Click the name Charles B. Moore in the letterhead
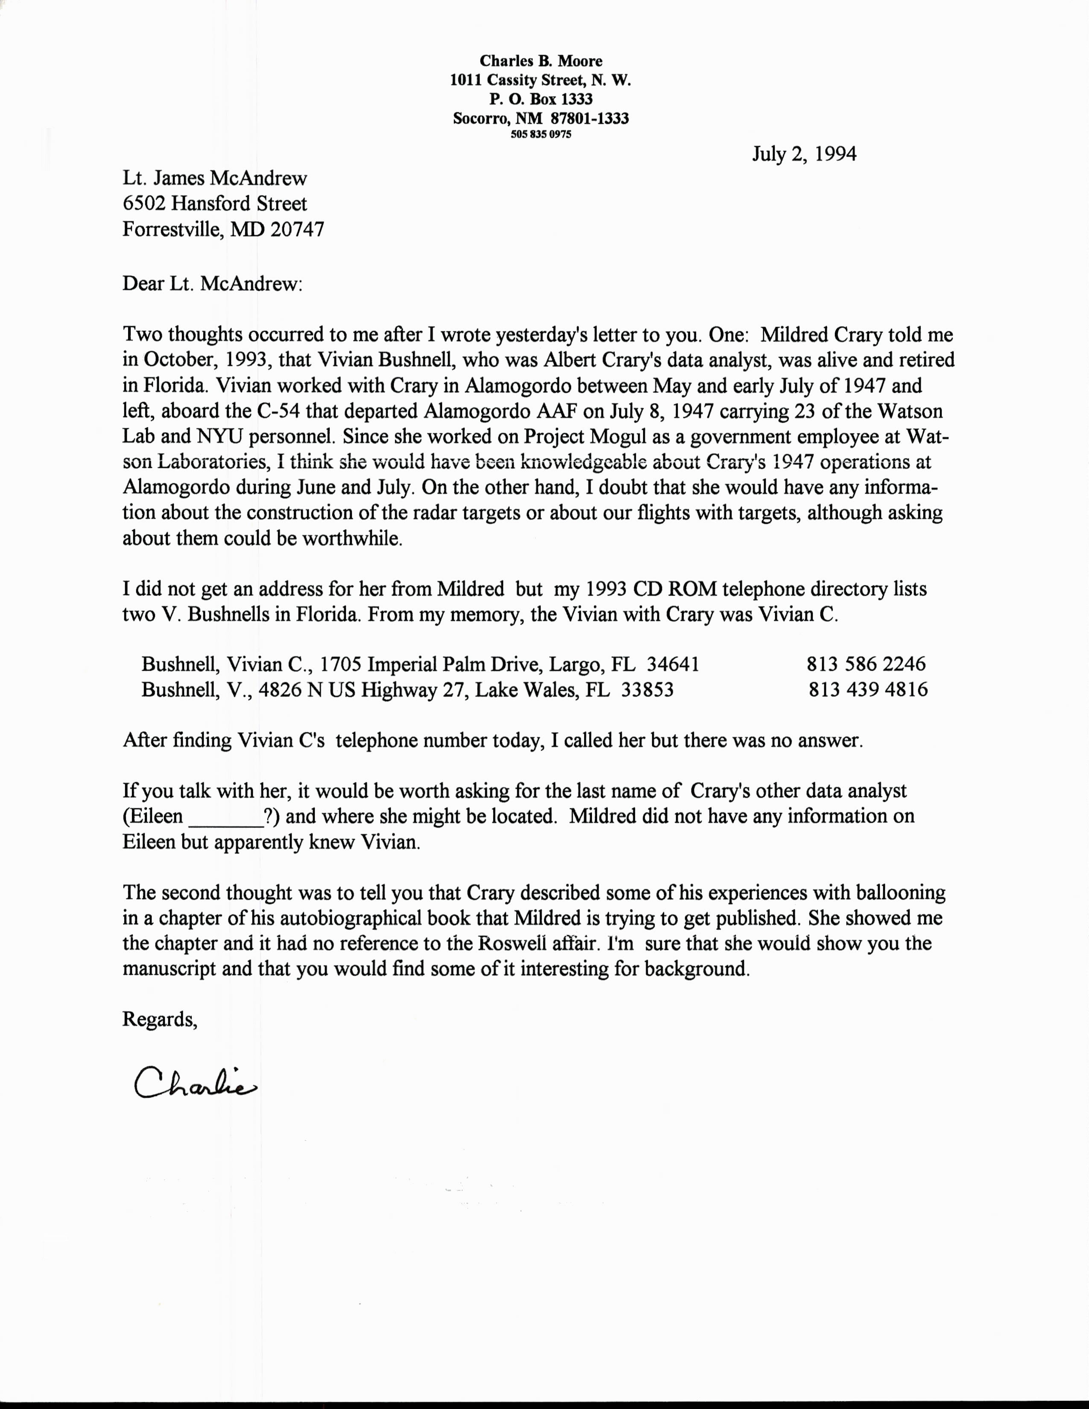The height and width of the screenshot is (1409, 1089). pyautogui.click(x=541, y=61)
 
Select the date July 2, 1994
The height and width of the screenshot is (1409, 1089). pyautogui.click(x=804, y=154)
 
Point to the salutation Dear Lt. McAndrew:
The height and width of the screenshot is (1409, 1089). pyautogui.click(x=212, y=284)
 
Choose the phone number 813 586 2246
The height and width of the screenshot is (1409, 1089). pyautogui.click(x=866, y=664)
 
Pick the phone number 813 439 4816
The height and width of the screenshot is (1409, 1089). pyautogui.click(x=868, y=690)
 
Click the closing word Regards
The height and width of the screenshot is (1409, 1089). pyautogui.click(x=159, y=1019)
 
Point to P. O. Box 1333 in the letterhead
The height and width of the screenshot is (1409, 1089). pyautogui.click(x=541, y=99)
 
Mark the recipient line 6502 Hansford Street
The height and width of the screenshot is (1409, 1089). pyautogui.click(x=215, y=204)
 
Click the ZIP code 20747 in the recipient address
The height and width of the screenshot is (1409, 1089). pyautogui.click(x=297, y=230)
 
